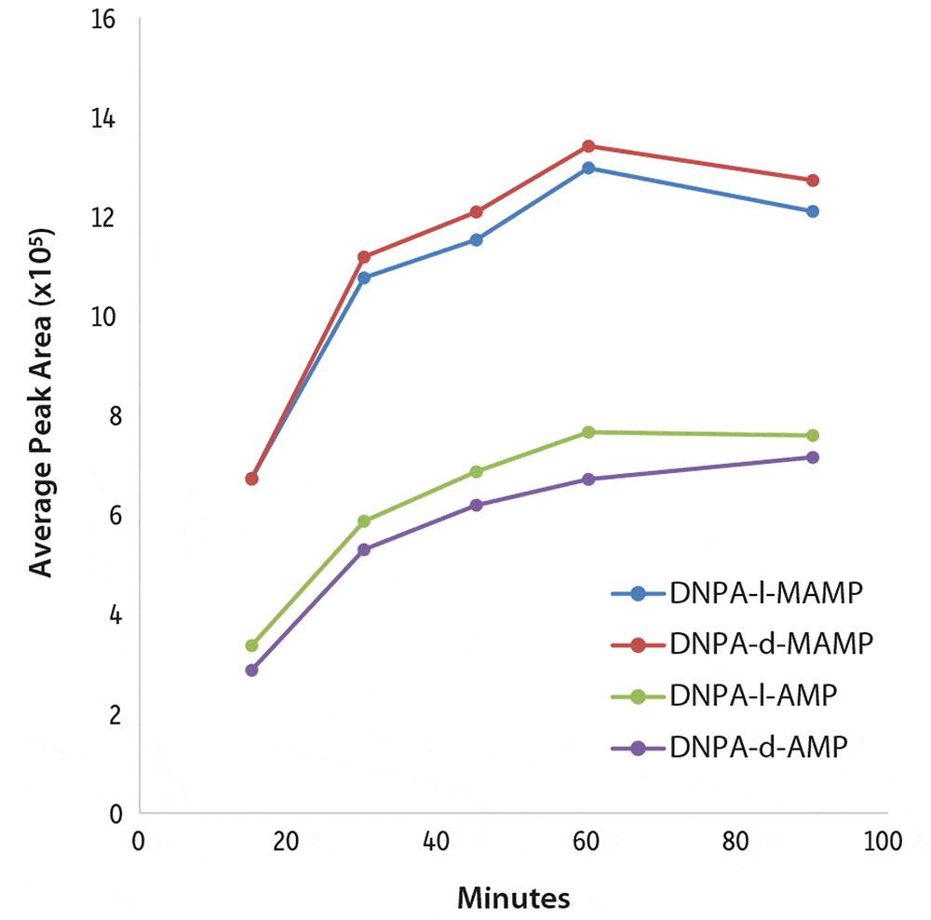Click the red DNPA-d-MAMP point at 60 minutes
(588, 146)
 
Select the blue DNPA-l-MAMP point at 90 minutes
(813, 211)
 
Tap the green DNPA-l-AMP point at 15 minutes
(251, 645)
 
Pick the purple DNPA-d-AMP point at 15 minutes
(251, 670)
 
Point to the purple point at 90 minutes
(813, 457)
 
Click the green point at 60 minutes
(588, 432)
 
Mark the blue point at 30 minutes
(364, 277)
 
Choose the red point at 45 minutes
(477, 212)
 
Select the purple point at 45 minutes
(477, 506)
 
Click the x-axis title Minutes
(513, 899)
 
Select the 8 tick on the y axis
(116, 416)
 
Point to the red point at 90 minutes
(813, 180)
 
